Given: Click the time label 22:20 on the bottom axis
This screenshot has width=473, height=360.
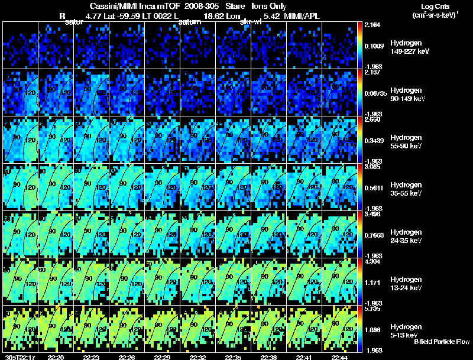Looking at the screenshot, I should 56,356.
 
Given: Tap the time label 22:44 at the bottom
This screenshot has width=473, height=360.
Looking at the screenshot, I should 339,356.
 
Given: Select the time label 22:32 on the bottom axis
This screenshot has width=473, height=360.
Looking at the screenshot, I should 197,356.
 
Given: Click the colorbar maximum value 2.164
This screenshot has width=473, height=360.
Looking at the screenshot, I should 372,25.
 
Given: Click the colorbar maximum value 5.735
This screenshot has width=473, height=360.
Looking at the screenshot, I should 372,309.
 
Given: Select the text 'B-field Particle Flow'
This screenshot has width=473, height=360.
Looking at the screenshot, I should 442,342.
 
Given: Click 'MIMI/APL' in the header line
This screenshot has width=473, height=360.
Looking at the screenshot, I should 303,15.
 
